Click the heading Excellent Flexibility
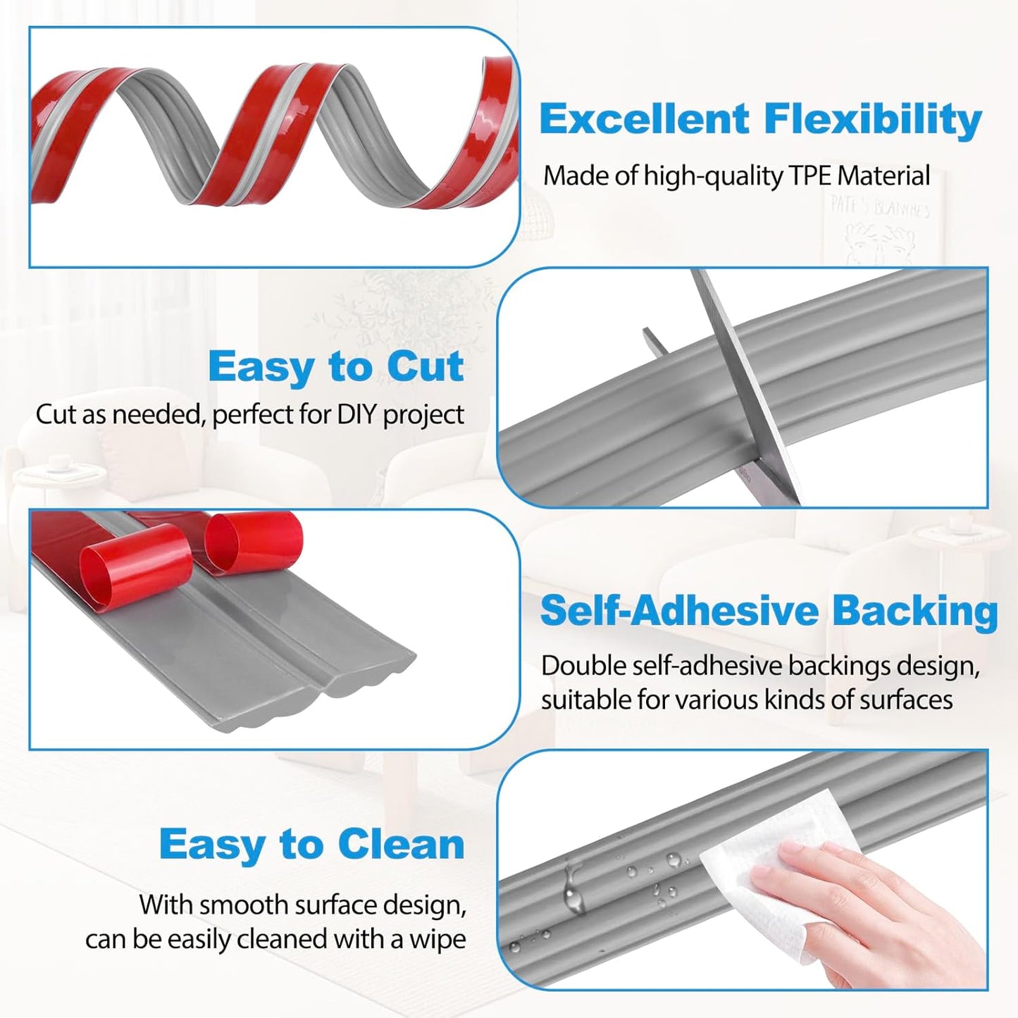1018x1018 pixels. [x=760, y=119]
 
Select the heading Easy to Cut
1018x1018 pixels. [x=335, y=366]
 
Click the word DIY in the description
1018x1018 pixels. [x=357, y=415]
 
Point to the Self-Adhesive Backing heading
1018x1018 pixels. [x=769, y=611]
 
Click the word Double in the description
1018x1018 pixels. [x=583, y=666]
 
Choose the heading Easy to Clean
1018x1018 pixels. [x=311, y=844]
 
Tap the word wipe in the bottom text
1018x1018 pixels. [x=437, y=940]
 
